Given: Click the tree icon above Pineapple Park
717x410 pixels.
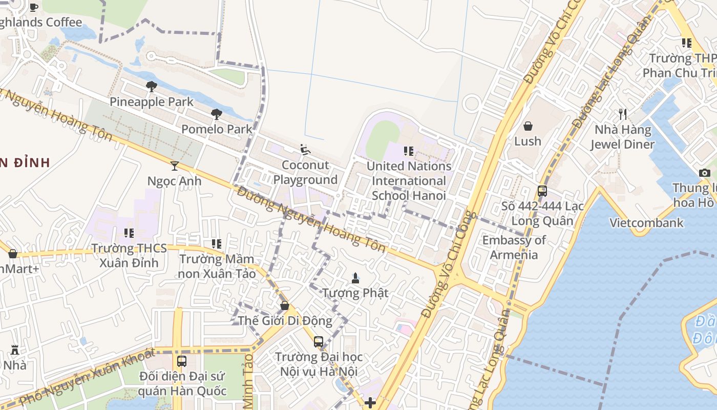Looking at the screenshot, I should pos(151,87).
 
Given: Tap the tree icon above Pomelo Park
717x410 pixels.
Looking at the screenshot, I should pos(217,114).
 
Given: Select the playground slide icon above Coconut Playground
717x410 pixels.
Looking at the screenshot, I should pos(305,150).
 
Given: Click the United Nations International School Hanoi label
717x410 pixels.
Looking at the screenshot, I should pos(409,181).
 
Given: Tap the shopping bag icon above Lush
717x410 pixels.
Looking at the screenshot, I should pos(528,126).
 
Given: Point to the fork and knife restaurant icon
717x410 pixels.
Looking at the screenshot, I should pos(623,114).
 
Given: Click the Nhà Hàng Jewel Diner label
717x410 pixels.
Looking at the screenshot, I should pos(622,137).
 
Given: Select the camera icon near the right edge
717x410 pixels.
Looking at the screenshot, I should pos(705,173).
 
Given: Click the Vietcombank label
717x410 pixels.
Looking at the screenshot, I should pos(646,222).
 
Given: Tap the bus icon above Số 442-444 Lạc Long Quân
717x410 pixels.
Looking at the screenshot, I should pos(542,191).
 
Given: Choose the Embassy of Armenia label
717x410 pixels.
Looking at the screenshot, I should pos(514,248).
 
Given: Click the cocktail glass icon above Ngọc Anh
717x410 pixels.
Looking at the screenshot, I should pos(175,166).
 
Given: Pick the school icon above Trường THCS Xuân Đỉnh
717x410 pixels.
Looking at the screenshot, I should pos(129,233).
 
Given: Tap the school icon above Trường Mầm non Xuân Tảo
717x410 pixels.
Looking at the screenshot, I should pos(217,244).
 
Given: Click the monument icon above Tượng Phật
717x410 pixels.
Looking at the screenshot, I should pos(355,278).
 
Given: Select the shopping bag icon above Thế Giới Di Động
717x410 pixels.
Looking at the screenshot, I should pos(285,305).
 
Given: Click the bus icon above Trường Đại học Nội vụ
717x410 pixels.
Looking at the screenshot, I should pos(319,341).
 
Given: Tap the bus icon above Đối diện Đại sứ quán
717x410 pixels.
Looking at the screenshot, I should pos(182,361).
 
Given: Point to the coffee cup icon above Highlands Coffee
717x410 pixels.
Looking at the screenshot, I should pos(34,7).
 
